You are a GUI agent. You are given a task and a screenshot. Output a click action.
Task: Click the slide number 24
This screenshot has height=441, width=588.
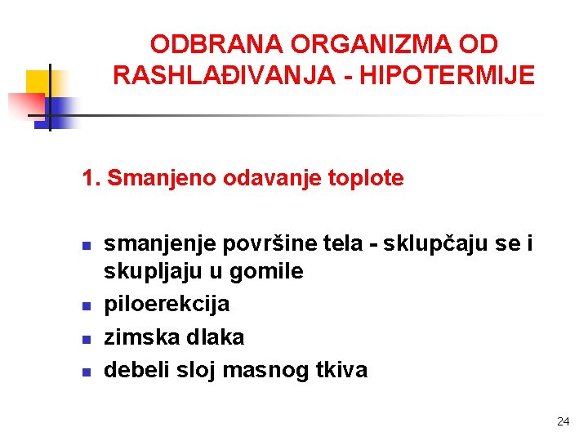pyautogui.click(x=562, y=421)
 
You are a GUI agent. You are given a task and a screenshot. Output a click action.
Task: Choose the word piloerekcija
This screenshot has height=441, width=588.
pyautogui.click(x=167, y=305)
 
